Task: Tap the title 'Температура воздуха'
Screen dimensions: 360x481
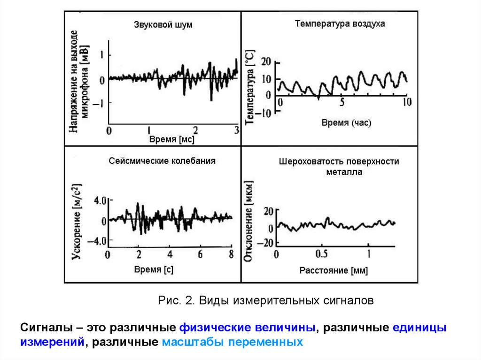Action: tap(340, 23)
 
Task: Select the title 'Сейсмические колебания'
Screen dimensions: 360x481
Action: tap(162, 161)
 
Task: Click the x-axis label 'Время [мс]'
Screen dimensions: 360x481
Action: tap(171, 139)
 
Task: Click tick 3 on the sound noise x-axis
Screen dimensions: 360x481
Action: tap(236, 130)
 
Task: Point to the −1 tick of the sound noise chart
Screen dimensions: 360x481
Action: tap(100, 103)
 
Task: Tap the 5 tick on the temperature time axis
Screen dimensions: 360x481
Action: tap(342, 102)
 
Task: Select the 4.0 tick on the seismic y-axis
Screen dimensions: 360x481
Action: tap(101, 200)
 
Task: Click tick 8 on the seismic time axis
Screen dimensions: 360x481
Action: tap(231, 255)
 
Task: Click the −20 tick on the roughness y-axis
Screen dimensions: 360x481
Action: tap(266, 243)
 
